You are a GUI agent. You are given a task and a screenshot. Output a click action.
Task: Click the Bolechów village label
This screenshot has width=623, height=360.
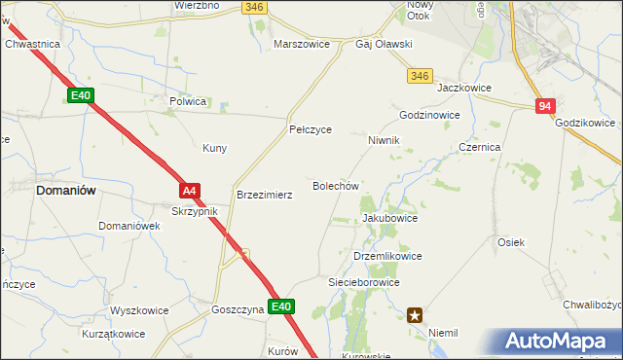tap(336, 185)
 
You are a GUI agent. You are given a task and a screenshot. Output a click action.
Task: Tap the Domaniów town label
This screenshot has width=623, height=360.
tap(65, 191)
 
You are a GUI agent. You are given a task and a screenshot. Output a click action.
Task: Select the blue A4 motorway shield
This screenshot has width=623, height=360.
tap(190, 191)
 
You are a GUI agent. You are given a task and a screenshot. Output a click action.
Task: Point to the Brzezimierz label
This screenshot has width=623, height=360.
tap(265, 195)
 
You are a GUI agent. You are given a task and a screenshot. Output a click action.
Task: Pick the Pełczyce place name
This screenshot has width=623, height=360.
tap(311, 129)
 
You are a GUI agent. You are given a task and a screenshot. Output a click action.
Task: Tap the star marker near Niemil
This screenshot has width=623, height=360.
tap(416, 314)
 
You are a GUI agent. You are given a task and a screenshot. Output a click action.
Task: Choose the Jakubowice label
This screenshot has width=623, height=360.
tap(389, 219)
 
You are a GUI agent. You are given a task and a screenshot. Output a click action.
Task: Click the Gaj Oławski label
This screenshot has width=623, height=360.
tap(384, 45)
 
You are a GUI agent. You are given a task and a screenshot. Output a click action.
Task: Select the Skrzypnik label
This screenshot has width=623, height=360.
tap(202, 211)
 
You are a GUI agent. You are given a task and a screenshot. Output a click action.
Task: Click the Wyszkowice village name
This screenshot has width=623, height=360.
tap(139, 311)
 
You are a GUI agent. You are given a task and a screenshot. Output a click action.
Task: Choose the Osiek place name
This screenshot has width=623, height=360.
tap(511, 242)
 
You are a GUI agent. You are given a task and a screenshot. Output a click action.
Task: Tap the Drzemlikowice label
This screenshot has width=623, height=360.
tap(387, 256)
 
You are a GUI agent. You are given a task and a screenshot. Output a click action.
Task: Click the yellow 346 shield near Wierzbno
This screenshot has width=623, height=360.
tap(254, 7)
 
